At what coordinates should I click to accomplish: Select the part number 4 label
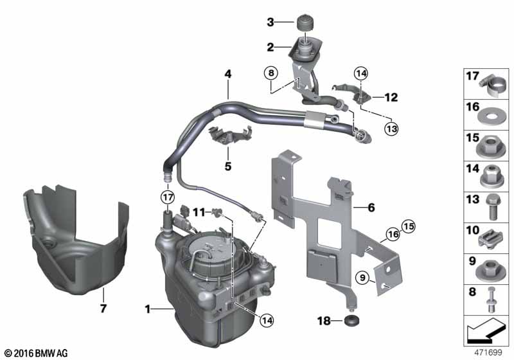[227, 74]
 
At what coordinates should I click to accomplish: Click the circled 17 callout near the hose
[167, 196]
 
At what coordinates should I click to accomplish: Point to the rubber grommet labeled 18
[351, 319]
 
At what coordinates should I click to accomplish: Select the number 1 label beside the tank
[147, 309]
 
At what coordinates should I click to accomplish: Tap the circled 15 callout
[409, 226]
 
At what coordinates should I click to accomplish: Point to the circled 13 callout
[391, 128]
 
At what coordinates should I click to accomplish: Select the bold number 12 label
[391, 98]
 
